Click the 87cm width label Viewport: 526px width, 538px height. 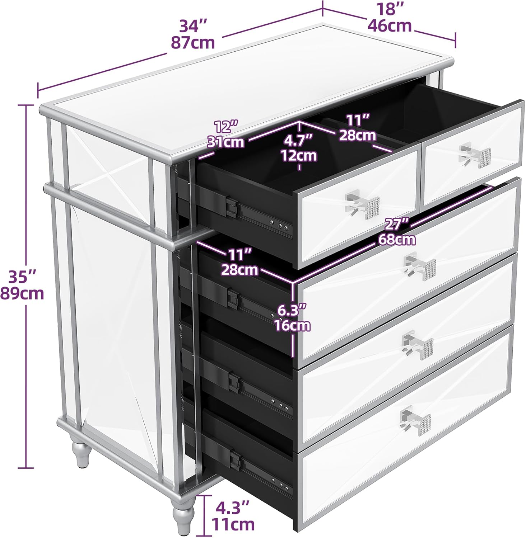pos(193,43)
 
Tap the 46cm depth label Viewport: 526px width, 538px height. pos(390,26)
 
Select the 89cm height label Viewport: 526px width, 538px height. pos(22,293)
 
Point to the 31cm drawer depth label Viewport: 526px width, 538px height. pos(226,142)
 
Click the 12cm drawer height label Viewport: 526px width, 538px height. pos(299,156)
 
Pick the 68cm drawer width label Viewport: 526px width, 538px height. pos(396,239)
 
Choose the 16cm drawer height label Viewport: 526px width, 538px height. pos(292,325)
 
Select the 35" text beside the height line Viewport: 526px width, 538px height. pos(22,277)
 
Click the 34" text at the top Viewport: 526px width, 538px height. pos(193,26)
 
